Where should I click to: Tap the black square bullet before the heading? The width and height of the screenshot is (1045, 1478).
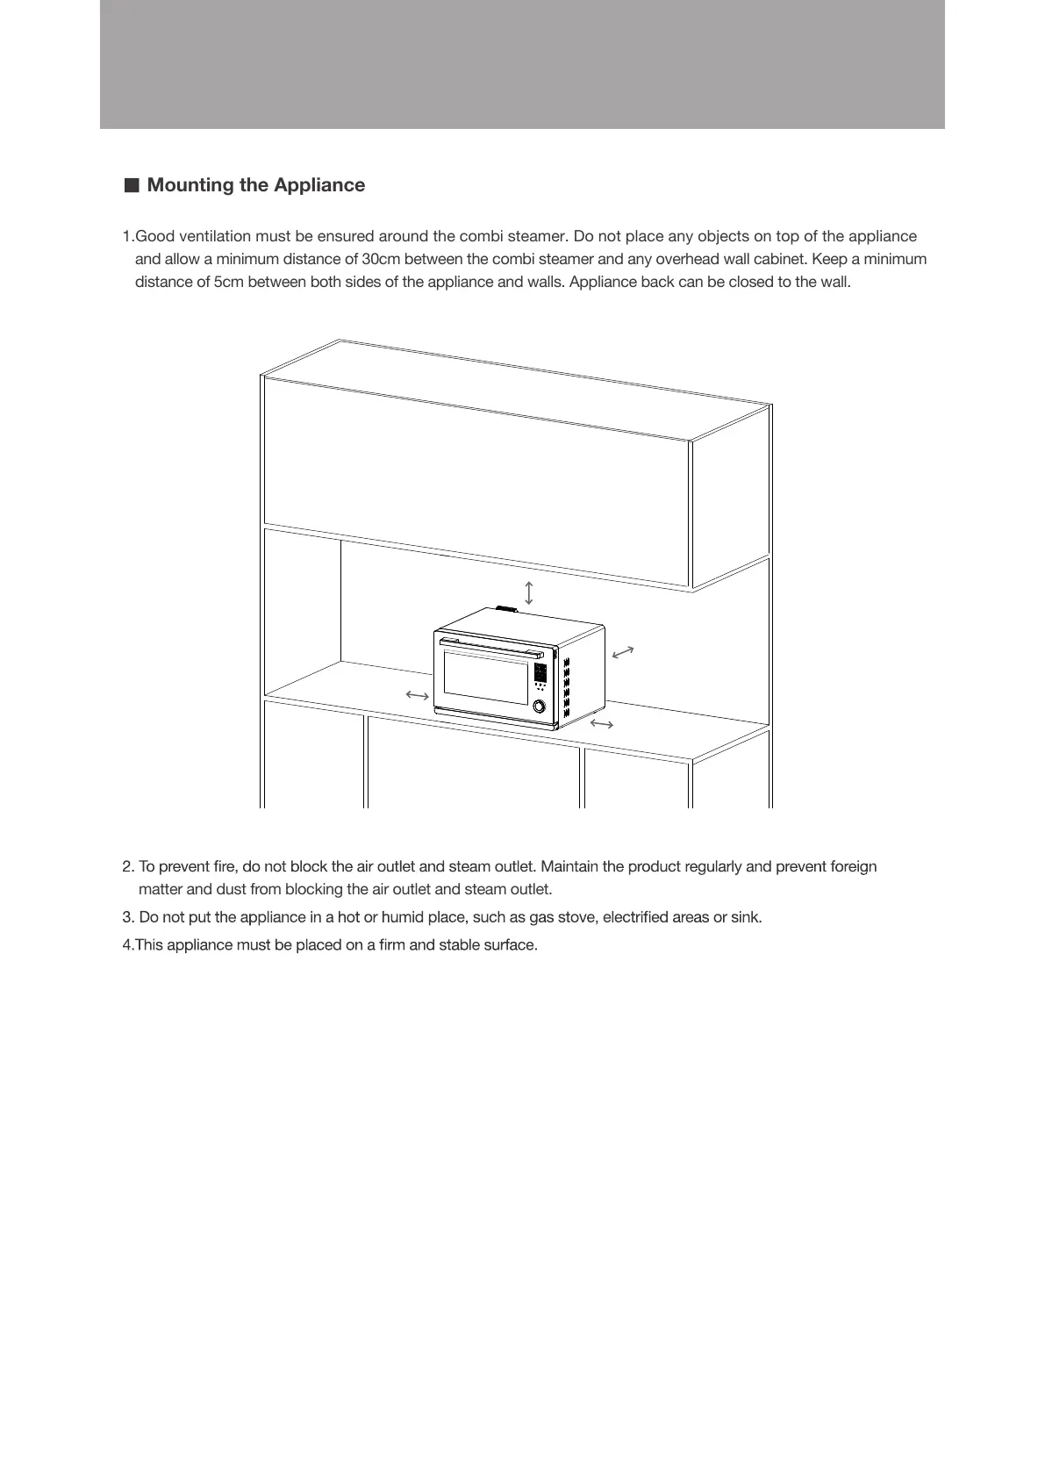coord(132,185)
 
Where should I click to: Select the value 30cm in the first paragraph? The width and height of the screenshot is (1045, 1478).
coord(381,259)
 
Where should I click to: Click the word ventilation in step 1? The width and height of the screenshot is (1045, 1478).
coord(214,236)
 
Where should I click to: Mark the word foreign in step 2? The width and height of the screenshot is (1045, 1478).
coord(849,866)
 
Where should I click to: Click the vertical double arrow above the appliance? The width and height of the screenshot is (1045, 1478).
coord(529,592)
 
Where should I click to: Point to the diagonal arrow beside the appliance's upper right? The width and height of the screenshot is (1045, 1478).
coord(623,652)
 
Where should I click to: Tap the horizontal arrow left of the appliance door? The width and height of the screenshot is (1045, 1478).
coord(417,696)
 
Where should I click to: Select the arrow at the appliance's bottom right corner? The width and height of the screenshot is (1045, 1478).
coord(602,723)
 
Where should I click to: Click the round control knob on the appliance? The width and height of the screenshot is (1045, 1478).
coord(539,706)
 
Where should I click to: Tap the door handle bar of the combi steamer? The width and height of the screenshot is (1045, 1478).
coord(491,649)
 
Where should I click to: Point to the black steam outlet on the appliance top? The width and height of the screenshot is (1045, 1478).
coord(506,608)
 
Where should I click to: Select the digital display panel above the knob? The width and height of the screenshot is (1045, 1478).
coord(540,673)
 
